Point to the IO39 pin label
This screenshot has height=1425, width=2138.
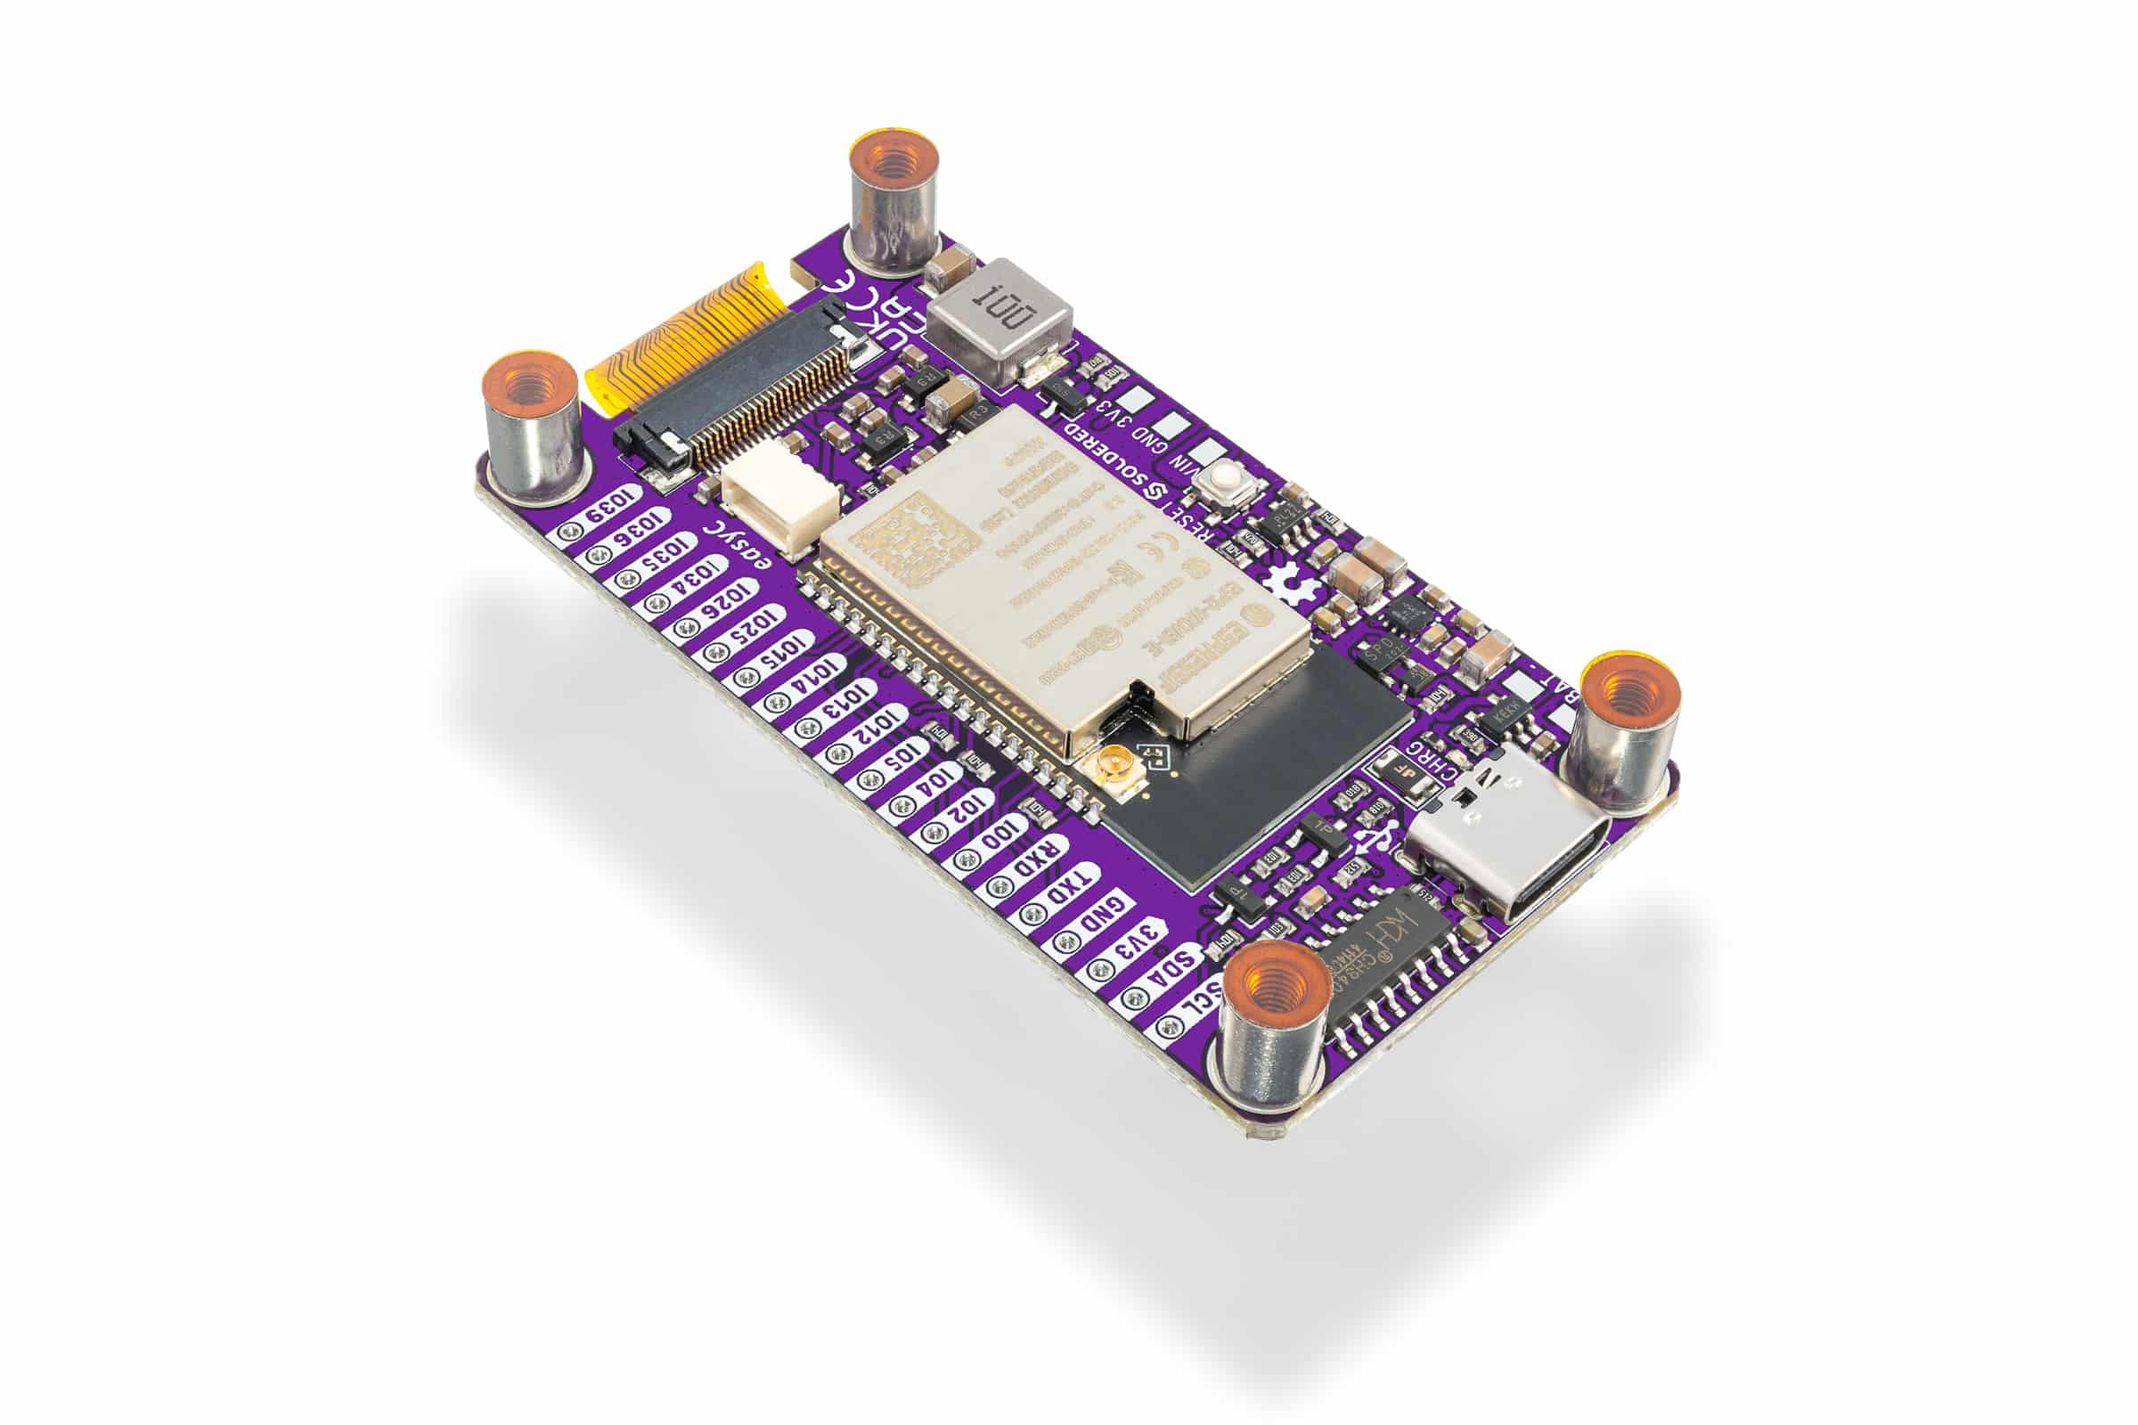click(x=612, y=510)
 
